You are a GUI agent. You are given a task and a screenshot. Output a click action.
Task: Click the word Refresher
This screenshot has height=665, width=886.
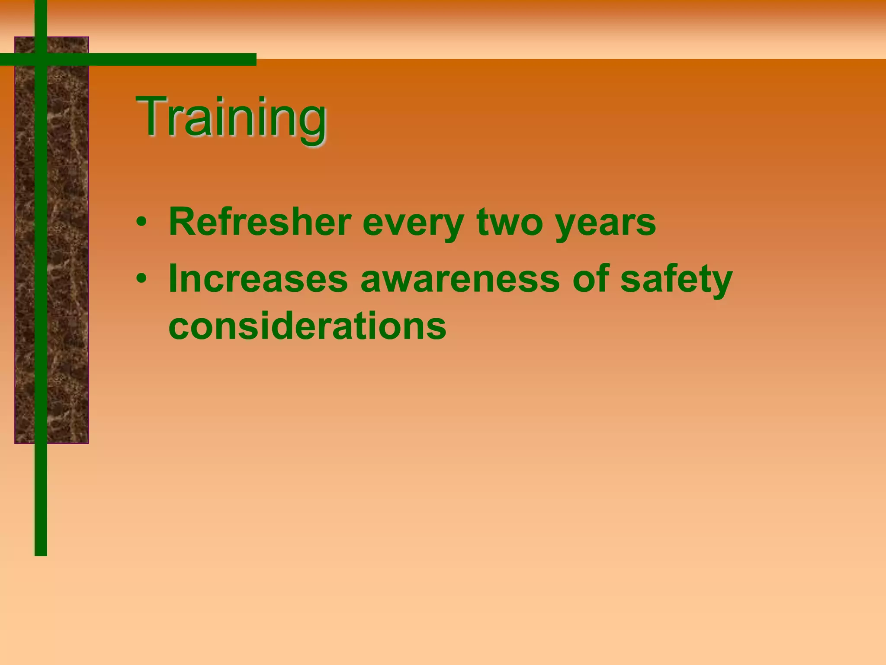(x=260, y=222)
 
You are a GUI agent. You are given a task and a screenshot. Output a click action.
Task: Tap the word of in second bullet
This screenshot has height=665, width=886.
(x=591, y=278)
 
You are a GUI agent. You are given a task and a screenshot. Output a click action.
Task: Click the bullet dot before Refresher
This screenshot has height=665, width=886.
(x=141, y=223)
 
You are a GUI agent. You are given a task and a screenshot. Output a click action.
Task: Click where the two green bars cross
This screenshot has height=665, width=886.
(x=41, y=59)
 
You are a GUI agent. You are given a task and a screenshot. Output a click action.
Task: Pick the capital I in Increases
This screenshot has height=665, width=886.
(x=173, y=278)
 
